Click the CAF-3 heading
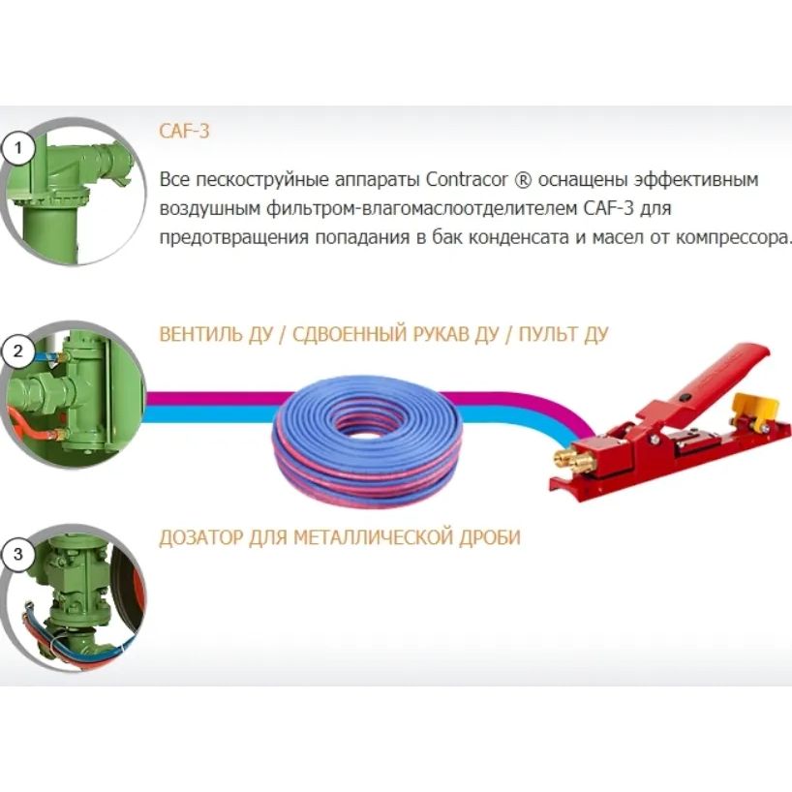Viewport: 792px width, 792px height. [x=184, y=132]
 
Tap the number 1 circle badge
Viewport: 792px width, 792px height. [x=18, y=148]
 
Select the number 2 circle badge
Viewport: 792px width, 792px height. [x=18, y=351]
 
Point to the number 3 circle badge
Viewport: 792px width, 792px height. [x=18, y=554]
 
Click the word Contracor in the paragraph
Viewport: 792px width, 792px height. [x=467, y=180]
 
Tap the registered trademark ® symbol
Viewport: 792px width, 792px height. [x=522, y=180]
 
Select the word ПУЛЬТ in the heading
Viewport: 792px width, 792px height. [x=548, y=334]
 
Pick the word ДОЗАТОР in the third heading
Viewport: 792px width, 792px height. [x=201, y=537]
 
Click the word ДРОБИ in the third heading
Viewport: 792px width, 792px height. [x=490, y=537]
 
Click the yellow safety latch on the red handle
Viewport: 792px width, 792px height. [x=754, y=407]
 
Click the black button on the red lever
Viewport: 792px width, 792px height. [x=685, y=397]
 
